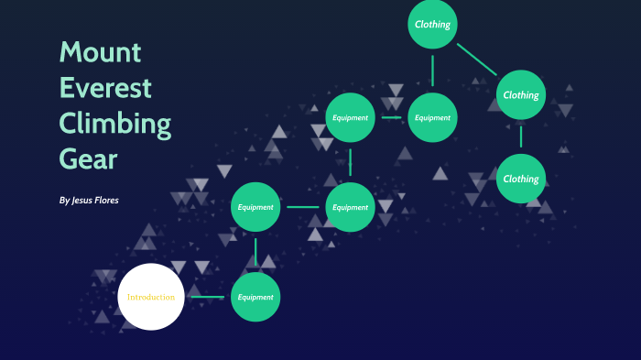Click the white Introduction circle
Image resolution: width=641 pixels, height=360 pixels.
pos(151,297)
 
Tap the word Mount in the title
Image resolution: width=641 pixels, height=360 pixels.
pos(101,52)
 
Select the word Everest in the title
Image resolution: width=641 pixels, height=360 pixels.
pos(105,88)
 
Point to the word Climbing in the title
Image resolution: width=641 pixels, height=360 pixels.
pos(115,124)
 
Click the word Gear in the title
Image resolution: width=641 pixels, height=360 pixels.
pos(88,158)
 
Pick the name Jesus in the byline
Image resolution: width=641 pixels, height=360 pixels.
pos(81,200)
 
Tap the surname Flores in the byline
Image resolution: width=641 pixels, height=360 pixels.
pos(107,200)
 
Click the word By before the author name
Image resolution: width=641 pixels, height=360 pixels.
pos(64,201)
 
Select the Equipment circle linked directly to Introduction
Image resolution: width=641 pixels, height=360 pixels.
pos(255,297)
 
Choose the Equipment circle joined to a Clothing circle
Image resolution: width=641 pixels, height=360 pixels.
pos(432,118)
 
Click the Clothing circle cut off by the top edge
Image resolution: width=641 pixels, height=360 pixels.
pos(432,24)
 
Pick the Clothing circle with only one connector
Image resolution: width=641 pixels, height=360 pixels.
pos(521,179)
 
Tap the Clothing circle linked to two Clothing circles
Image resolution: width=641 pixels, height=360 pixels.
pos(521,95)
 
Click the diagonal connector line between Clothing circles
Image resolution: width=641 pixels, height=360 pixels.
pos(477,60)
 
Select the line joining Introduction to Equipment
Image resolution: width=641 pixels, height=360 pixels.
pos(208,297)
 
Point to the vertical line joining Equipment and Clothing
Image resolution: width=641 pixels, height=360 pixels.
pos(432,71)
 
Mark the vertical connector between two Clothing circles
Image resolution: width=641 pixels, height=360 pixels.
pos(521,136)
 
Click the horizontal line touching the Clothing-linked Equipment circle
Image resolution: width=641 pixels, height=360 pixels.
pos(391,118)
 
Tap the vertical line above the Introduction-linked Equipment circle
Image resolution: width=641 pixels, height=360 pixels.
pos(255,252)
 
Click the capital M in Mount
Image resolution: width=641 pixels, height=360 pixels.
pos(70,52)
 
